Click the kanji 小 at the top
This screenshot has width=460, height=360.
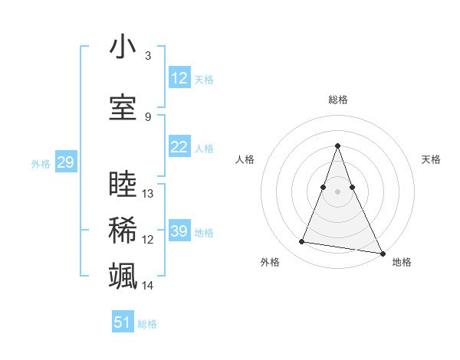click(x=123, y=47)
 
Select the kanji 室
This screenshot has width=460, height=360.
click(x=123, y=108)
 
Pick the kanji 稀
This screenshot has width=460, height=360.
click(x=123, y=231)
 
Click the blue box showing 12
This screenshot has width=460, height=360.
click(x=179, y=78)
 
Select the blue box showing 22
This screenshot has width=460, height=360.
click(x=179, y=147)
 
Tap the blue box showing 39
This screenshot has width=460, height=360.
click(x=179, y=231)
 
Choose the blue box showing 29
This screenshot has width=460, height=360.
click(x=65, y=162)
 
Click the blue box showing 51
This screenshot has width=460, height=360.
click(x=123, y=322)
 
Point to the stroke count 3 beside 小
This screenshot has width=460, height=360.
click(x=148, y=56)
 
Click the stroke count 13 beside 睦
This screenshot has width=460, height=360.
click(x=148, y=194)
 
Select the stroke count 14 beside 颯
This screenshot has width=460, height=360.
click(x=148, y=286)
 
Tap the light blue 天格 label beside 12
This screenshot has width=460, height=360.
click(x=204, y=79)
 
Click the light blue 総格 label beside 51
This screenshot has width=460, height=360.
click(x=147, y=324)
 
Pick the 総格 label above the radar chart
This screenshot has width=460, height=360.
click(x=338, y=100)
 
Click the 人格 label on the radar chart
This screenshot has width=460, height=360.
click(x=245, y=159)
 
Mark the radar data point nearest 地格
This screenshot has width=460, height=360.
click(x=382, y=252)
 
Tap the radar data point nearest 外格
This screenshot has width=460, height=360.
click(x=302, y=242)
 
